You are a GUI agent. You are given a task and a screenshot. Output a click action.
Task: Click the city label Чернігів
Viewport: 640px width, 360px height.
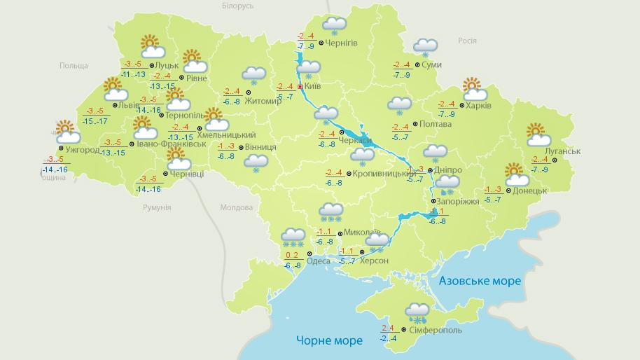point(342,43)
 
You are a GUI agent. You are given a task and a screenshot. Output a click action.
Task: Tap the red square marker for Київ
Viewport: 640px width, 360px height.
point(300,86)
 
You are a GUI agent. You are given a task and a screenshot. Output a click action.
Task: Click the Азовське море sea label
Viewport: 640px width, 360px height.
point(480,281)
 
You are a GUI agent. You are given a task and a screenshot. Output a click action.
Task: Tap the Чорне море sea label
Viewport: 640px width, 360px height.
point(329,340)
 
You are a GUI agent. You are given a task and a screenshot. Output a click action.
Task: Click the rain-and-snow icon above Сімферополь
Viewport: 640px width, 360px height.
point(418,312)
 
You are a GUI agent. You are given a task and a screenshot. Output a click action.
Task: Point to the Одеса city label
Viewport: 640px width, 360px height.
point(319,261)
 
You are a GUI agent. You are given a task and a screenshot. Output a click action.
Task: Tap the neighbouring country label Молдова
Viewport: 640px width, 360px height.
point(236,207)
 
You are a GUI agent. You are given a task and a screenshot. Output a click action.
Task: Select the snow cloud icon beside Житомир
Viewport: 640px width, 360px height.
point(253,76)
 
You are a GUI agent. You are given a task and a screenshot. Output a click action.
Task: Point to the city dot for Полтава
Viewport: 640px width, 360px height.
point(415,124)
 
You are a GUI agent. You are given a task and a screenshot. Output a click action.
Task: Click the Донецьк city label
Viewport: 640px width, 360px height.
point(529,190)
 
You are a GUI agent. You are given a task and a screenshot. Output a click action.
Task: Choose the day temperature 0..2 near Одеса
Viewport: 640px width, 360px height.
point(293,254)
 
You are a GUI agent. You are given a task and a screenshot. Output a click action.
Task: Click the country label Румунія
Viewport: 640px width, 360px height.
point(157,207)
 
